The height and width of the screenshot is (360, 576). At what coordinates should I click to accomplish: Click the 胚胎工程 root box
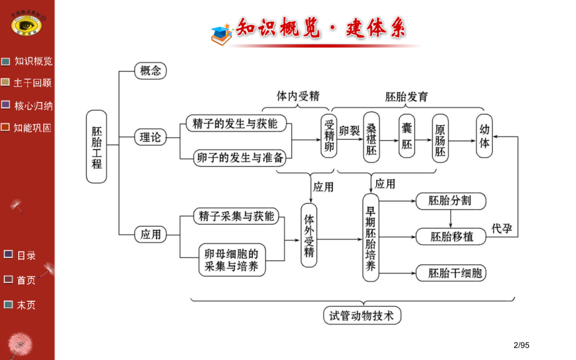tap(96, 147)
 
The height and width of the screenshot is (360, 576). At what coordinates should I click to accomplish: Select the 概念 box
tap(151, 71)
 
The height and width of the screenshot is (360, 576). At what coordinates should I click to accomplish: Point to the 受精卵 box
tap(329, 137)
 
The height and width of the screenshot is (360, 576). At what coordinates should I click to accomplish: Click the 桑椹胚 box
tap(371, 137)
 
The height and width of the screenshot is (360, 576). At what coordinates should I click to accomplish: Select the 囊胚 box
tap(406, 136)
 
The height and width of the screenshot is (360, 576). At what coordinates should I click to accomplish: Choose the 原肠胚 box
tap(441, 137)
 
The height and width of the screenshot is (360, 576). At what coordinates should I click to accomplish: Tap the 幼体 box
tap(484, 136)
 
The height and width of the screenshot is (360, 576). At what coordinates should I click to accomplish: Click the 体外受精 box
tap(309, 235)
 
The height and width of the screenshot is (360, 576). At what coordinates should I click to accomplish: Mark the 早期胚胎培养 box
tap(371, 237)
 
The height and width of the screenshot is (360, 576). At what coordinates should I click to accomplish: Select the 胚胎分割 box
tap(450, 201)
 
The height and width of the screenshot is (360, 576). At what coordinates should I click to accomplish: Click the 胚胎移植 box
tap(451, 237)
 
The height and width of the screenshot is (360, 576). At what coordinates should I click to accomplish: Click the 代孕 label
tap(501, 229)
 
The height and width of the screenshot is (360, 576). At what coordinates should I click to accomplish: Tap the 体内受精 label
tap(298, 96)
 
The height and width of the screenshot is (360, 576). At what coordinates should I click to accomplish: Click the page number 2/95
tap(521, 344)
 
